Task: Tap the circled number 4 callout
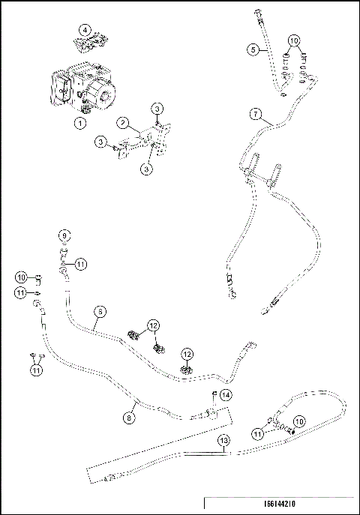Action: click(x=85, y=30)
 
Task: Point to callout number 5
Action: click(x=254, y=49)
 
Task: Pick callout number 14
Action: click(x=226, y=394)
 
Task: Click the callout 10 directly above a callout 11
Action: click(x=21, y=278)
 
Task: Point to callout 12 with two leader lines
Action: click(x=152, y=325)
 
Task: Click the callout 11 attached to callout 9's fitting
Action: click(x=81, y=262)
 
